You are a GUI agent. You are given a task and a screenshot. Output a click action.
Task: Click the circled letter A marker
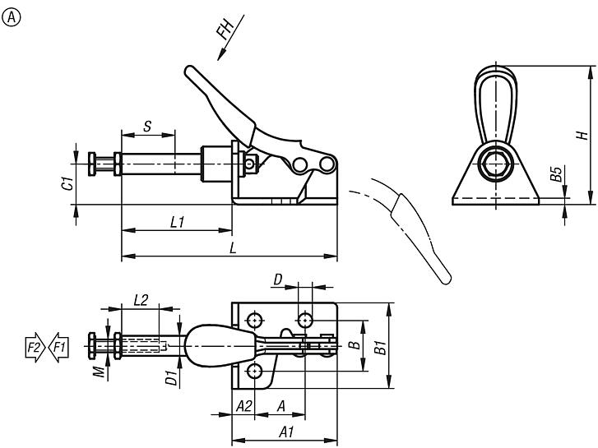point(12,15)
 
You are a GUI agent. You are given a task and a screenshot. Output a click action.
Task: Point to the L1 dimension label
point(176,223)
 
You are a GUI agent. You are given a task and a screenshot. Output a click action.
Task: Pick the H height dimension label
point(581,134)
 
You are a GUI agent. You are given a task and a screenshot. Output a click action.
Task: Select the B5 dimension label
point(557,173)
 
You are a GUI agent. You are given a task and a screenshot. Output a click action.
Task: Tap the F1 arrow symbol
point(58,348)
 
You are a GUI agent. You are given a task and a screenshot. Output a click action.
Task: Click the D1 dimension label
point(169,377)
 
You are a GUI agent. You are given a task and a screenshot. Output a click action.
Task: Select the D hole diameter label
point(278,281)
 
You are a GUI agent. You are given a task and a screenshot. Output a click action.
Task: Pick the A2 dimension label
point(243,406)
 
